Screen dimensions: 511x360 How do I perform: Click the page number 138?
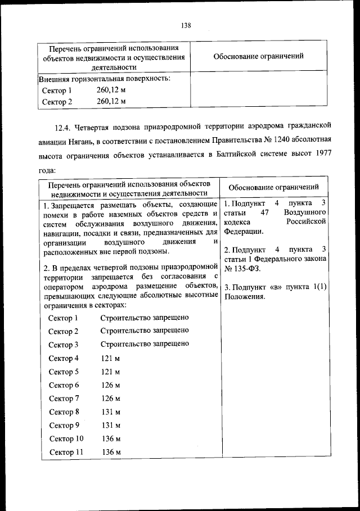187,25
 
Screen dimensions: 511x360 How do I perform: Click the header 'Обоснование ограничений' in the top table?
259,56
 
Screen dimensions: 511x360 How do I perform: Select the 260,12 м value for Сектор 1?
111,90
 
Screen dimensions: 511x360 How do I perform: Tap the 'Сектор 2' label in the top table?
57,102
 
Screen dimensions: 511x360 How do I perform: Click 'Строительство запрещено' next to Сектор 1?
145,318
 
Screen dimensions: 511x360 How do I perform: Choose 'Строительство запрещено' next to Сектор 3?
145,344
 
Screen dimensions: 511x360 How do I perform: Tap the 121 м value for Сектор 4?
110,358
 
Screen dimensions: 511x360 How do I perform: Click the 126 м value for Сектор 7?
110,399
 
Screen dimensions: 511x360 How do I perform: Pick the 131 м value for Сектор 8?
110,412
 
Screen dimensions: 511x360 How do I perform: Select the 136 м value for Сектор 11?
111,452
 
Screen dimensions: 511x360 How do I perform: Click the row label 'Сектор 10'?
66,438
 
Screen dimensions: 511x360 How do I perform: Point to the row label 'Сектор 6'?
64,385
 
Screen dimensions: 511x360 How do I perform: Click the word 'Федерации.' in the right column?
243,230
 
